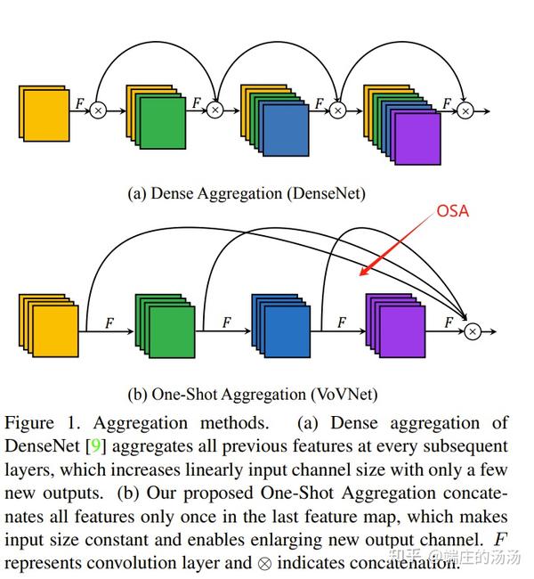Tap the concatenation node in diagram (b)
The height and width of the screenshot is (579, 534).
click(x=473, y=330)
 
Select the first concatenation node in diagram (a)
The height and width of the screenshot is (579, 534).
click(x=98, y=110)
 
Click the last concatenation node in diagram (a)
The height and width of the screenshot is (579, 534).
click(x=465, y=110)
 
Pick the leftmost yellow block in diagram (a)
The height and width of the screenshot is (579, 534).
click(x=44, y=114)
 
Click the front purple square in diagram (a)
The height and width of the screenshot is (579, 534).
click(x=417, y=139)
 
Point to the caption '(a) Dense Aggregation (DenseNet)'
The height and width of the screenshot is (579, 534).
click(x=247, y=192)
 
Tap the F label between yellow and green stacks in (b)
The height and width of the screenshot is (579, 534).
click(x=110, y=321)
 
